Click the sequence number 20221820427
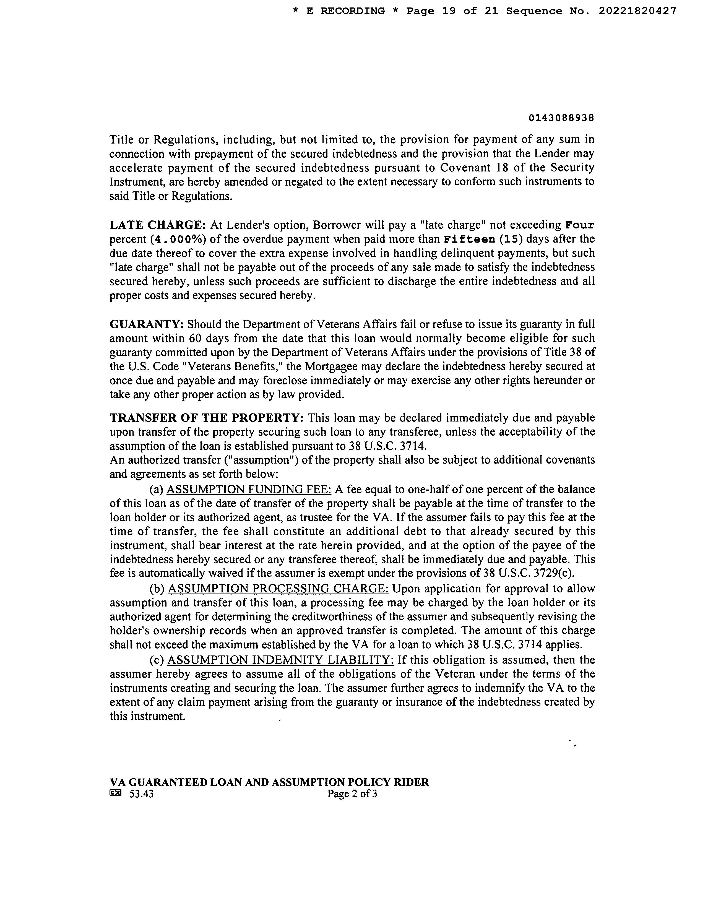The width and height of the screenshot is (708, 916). pos(637,11)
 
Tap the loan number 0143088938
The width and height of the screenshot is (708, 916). pos(561,118)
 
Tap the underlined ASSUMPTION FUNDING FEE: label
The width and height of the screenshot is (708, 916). pos(249,490)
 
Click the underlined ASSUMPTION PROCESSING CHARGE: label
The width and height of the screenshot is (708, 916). pos(278,589)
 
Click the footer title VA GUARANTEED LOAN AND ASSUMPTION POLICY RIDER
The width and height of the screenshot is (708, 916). pos(269,783)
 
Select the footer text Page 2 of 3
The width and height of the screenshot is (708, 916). pos(352,794)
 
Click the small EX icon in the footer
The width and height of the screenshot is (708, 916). pos(115,793)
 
